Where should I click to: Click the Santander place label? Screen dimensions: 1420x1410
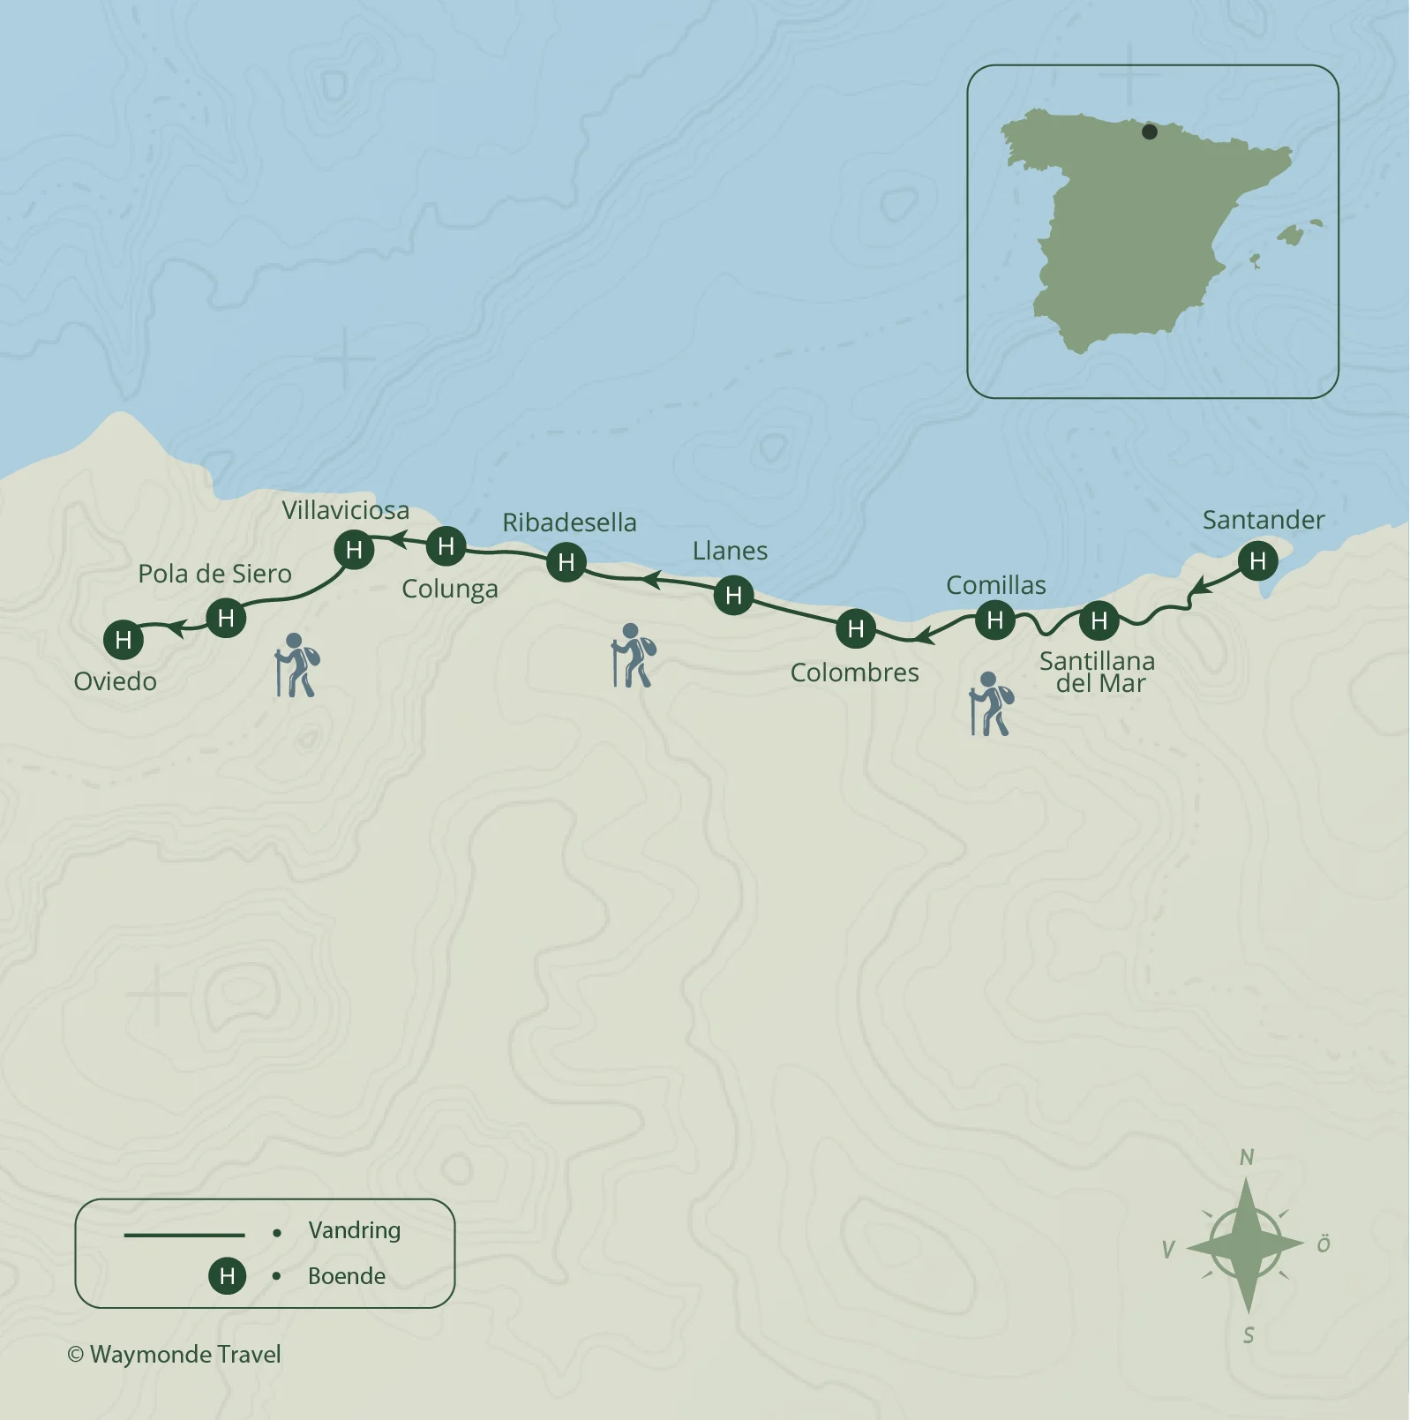[1263, 520]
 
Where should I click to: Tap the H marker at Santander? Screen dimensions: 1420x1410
[1257, 560]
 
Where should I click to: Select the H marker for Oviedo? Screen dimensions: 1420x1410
[124, 640]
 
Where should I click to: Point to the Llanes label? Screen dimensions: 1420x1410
[730, 551]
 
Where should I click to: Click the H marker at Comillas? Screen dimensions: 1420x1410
[995, 620]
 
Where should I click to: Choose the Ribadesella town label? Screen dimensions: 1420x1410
[569, 522]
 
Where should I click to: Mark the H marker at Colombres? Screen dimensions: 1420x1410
[855, 628]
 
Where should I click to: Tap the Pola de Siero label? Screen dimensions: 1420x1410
[214, 574]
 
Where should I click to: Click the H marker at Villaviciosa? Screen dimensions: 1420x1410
[355, 550]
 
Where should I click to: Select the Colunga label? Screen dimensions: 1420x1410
[450, 589]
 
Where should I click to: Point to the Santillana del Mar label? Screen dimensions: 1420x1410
[1098, 672]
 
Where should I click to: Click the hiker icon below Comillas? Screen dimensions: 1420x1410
[990, 704]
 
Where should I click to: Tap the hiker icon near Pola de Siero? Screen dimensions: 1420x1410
[296, 665]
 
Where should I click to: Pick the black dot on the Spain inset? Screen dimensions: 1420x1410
[1149, 131]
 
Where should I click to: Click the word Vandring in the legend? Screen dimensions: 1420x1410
[354, 1230]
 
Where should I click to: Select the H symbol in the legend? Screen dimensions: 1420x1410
[227, 1276]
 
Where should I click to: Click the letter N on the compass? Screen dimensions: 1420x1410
[1247, 1157]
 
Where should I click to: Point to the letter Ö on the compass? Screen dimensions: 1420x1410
[1324, 1244]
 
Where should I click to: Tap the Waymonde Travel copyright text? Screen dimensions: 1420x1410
[175, 1355]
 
